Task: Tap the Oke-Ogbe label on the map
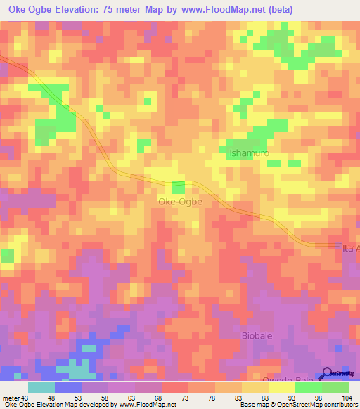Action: [x=179, y=202]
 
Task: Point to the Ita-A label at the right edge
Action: [x=349, y=249]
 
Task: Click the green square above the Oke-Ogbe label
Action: [x=179, y=186]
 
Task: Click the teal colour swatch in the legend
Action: [x=41, y=387]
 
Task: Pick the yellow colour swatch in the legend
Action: [x=282, y=387]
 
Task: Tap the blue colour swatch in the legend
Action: [x=68, y=387]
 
